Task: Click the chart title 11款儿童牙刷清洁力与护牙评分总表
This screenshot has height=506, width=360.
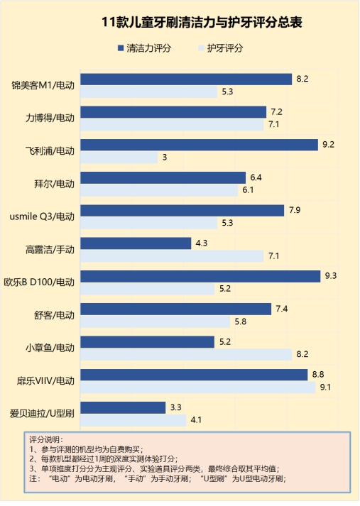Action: coord(202,23)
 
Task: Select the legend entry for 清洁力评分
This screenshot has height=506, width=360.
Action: coord(145,49)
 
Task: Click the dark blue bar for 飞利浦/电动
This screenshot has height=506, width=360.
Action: coord(199,145)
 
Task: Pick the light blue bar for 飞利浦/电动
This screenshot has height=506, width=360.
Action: coord(119,158)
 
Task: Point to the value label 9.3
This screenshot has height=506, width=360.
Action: coord(330,276)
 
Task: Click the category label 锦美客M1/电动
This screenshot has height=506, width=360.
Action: coord(43,85)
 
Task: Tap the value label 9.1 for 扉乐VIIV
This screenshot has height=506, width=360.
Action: coord(325,387)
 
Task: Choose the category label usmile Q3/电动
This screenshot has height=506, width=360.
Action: coord(43,216)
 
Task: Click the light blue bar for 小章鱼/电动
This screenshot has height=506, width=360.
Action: coord(186,354)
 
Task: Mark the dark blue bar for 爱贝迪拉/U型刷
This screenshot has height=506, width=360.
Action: coord(124,407)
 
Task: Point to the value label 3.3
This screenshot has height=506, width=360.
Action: coord(176,407)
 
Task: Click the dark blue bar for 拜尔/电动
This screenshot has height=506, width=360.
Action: coord(163,177)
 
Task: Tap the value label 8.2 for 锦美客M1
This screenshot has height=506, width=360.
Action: coord(302,79)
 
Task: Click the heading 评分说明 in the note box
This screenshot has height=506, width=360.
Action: coord(47,440)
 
